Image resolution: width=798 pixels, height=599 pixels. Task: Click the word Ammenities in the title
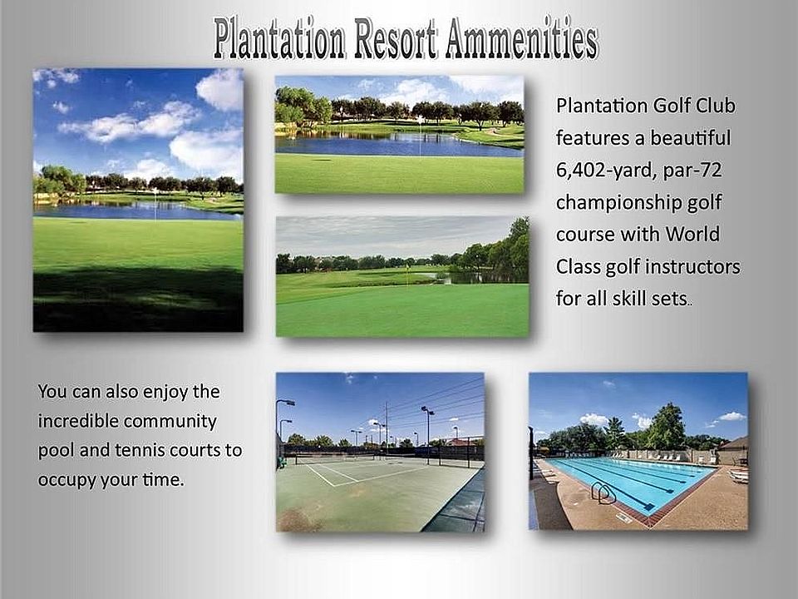[x=522, y=38]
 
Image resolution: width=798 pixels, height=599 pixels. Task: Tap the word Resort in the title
[x=396, y=38]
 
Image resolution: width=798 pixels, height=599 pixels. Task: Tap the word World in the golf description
[x=692, y=234]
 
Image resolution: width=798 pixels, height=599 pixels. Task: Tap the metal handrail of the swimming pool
[x=603, y=493]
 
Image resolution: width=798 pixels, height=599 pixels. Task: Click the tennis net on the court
[x=335, y=459]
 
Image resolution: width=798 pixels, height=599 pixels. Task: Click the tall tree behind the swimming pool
[x=666, y=427]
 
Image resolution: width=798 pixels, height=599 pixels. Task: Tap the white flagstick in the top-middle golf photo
[x=420, y=135]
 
